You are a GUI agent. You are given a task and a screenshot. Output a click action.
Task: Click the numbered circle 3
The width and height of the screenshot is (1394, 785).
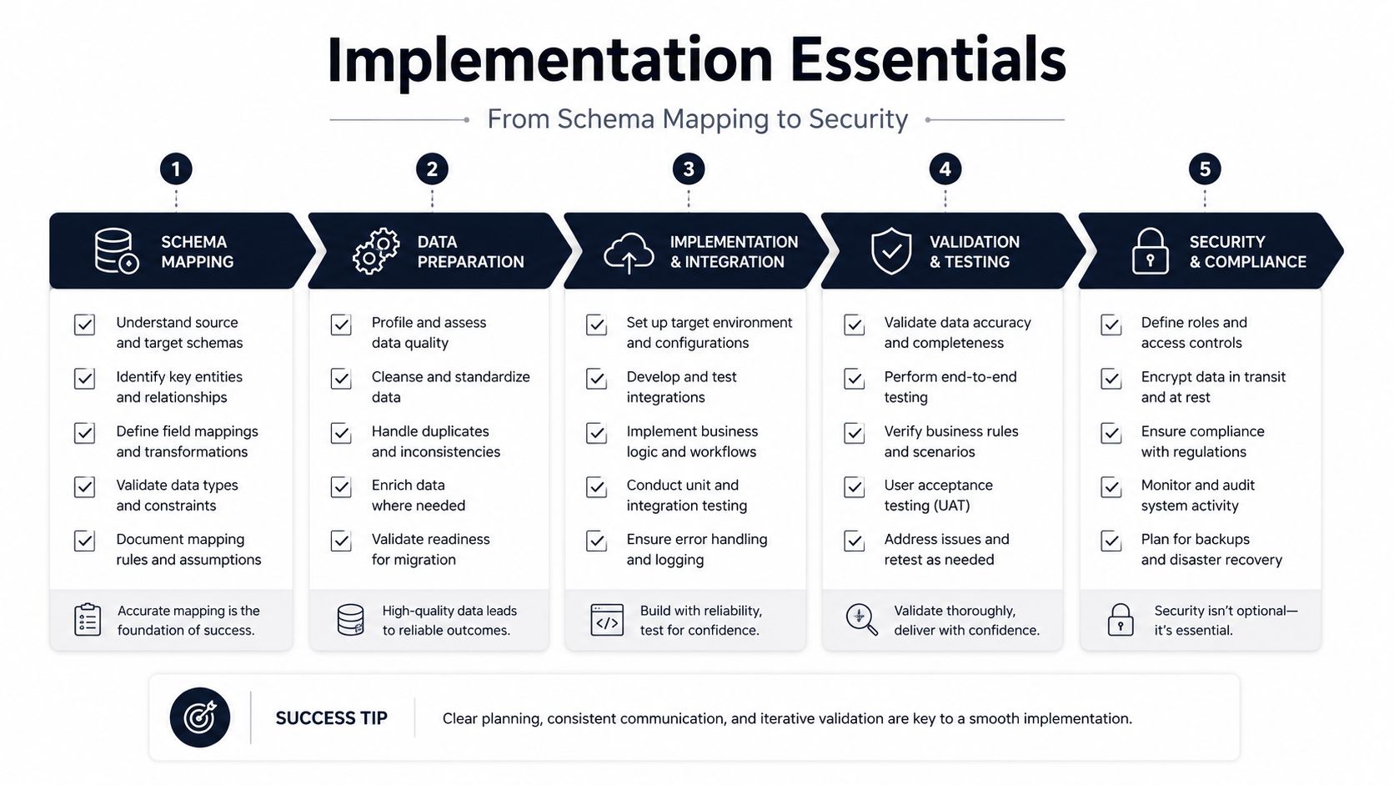click(x=689, y=169)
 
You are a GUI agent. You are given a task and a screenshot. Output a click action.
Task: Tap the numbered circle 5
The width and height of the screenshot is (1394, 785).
click(x=1205, y=169)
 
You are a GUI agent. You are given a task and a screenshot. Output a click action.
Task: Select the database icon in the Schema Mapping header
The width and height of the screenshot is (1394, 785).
click(x=117, y=251)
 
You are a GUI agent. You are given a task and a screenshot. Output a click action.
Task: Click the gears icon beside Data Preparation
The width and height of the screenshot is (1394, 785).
click(x=376, y=251)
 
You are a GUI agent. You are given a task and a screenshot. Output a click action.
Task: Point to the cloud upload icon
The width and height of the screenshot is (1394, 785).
click(x=629, y=253)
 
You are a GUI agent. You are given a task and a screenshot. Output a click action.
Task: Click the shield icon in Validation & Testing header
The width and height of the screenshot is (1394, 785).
click(x=891, y=251)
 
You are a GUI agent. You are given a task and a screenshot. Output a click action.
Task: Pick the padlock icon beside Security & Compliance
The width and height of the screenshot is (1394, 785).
click(x=1150, y=251)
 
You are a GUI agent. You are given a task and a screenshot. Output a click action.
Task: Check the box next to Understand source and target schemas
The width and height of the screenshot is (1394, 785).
click(x=85, y=325)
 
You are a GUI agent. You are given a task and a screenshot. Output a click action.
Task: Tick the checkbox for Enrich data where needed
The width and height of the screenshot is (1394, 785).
click(x=341, y=487)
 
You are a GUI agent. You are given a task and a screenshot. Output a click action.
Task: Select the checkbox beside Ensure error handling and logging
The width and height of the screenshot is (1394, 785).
click(x=596, y=541)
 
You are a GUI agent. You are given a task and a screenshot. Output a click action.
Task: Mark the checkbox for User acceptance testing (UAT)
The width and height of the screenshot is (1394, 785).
click(x=854, y=487)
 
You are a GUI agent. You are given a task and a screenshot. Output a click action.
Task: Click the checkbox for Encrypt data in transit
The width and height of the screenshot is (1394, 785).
click(x=1111, y=379)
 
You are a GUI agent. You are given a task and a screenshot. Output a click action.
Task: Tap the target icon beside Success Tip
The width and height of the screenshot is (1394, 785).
click(x=200, y=717)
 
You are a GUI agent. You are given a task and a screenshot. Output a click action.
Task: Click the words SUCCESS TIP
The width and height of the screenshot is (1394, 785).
click(x=332, y=718)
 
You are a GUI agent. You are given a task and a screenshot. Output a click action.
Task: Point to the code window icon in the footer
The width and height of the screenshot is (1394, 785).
click(x=607, y=620)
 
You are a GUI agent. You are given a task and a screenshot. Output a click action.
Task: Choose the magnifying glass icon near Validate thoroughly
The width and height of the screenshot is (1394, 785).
click(x=862, y=620)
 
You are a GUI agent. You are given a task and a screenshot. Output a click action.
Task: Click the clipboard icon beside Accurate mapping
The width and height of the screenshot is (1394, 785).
click(x=88, y=620)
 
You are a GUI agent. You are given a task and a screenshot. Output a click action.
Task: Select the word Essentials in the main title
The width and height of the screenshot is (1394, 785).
click(x=929, y=60)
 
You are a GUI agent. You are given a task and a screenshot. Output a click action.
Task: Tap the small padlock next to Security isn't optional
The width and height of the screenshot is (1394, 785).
click(x=1121, y=620)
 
